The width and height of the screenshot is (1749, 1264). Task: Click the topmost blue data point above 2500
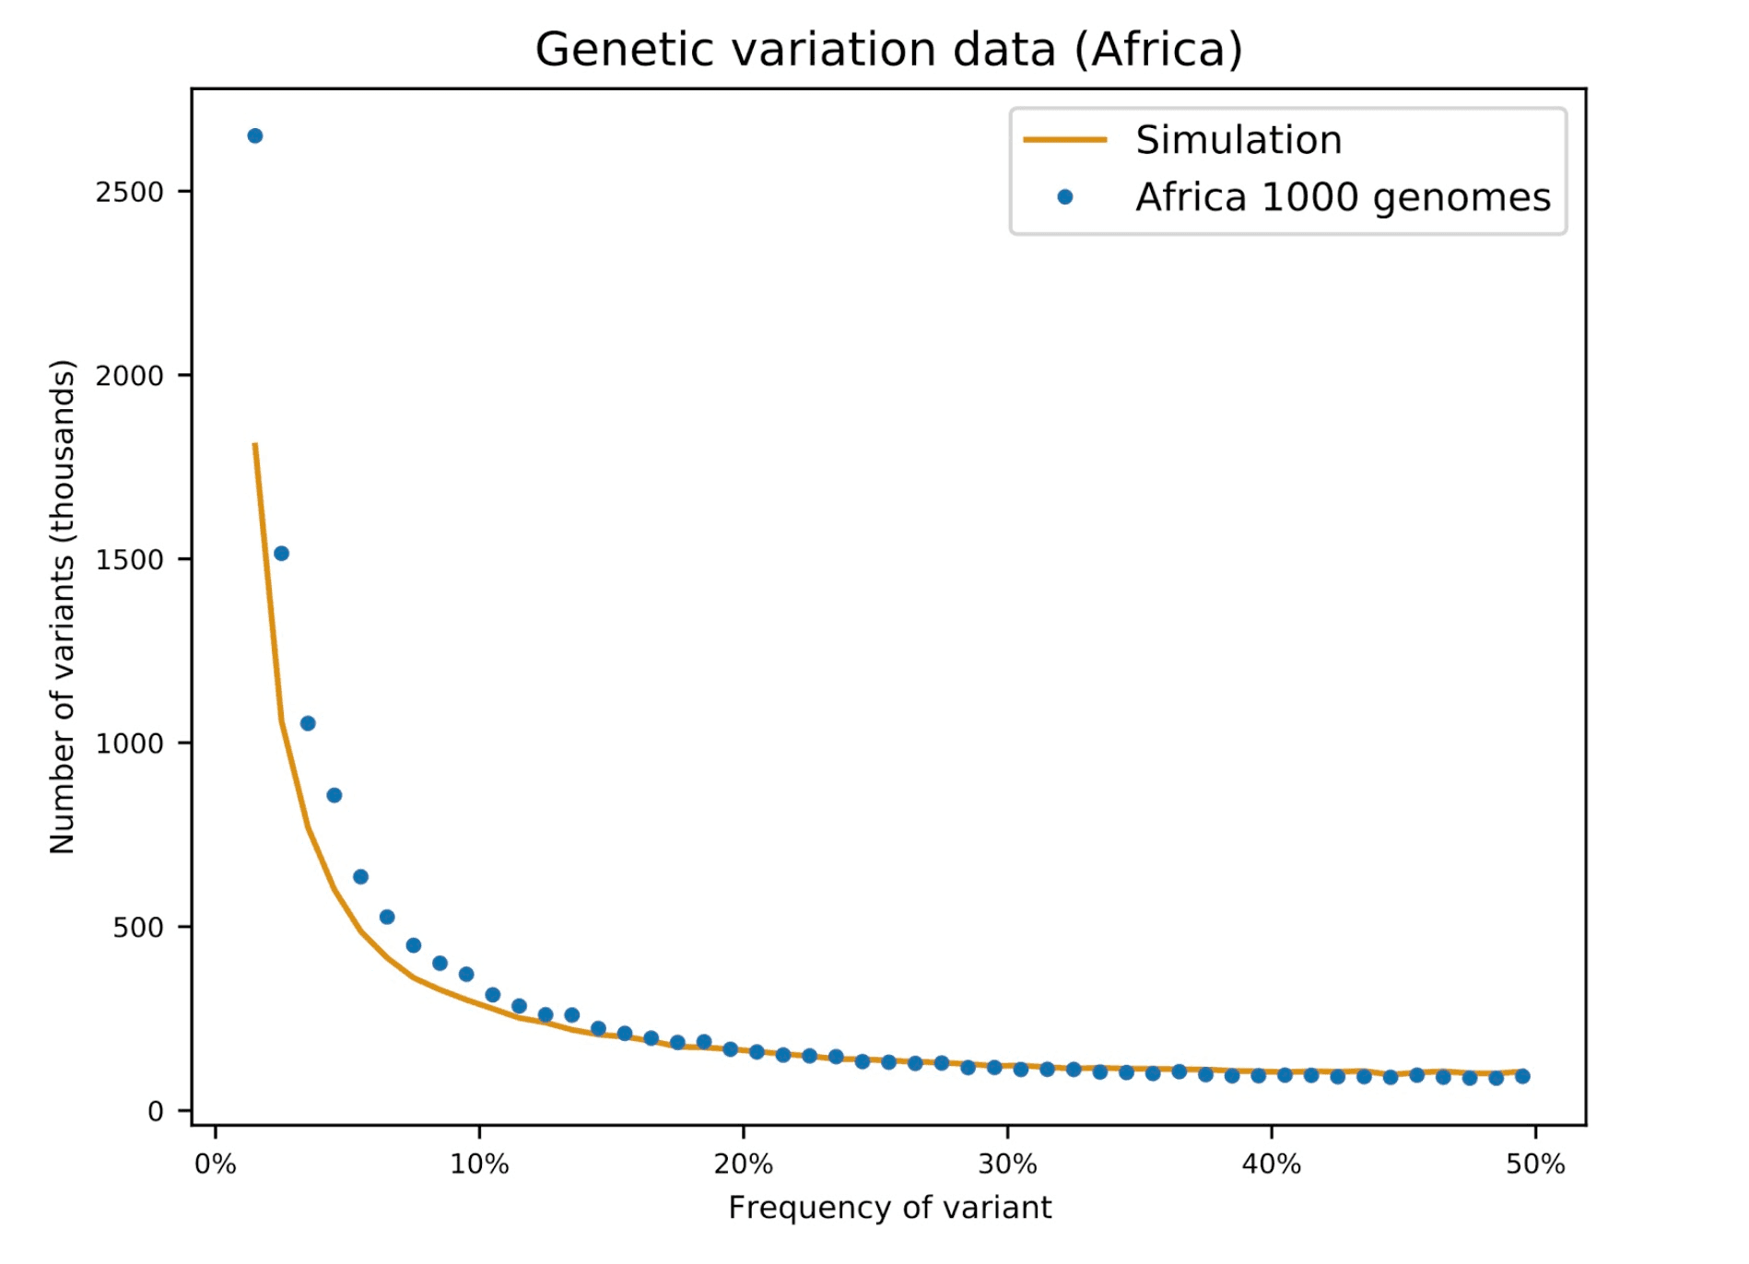click(255, 136)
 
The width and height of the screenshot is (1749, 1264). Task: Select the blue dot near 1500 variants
click(282, 554)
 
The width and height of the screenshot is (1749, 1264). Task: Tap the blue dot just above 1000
click(308, 723)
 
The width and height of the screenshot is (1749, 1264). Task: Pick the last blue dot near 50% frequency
click(1522, 1076)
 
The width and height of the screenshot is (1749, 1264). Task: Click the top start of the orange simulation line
click(255, 445)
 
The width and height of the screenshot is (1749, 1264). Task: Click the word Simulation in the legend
click(1238, 140)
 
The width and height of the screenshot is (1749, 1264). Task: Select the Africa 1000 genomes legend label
click(1342, 197)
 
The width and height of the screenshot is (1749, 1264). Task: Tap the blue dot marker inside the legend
click(1065, 197)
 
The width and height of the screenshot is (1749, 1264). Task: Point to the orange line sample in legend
click(1065, 140)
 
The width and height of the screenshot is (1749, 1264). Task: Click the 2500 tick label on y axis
click(130, 192)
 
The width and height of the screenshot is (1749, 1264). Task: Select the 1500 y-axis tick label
click(130, 559)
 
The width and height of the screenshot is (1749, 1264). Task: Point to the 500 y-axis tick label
click(138, 927)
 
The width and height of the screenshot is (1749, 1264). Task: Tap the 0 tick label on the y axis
click(156, 1111)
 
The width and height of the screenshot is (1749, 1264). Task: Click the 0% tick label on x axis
click(216, 1165)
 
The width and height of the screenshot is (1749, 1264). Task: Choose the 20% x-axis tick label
click(744, 1165)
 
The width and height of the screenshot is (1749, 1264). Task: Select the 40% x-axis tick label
click(1272, 1165)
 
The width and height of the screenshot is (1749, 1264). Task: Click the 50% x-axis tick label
click(1535, 1165)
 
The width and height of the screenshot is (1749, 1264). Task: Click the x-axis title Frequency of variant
click(889, 1207)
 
